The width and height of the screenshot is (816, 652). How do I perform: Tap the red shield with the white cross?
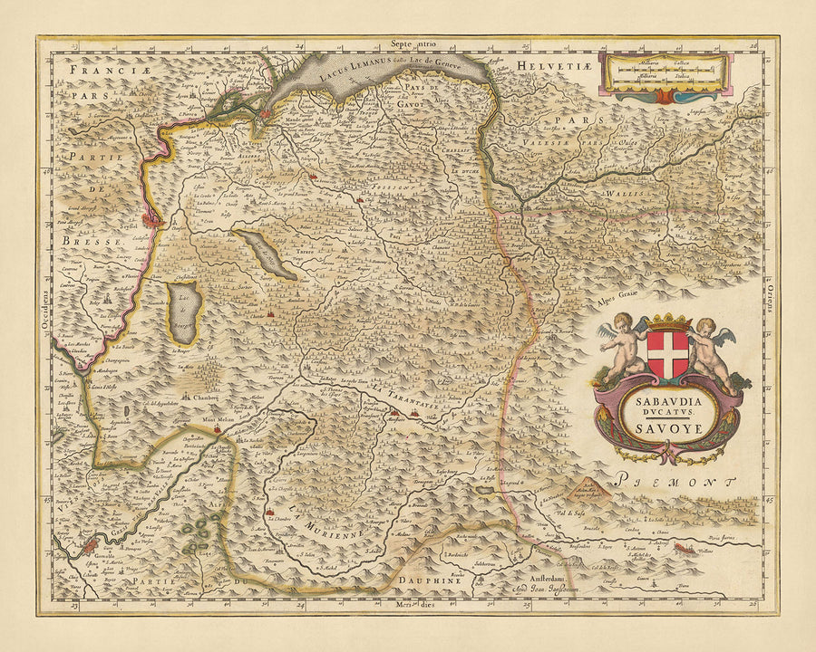pos(668,355)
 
